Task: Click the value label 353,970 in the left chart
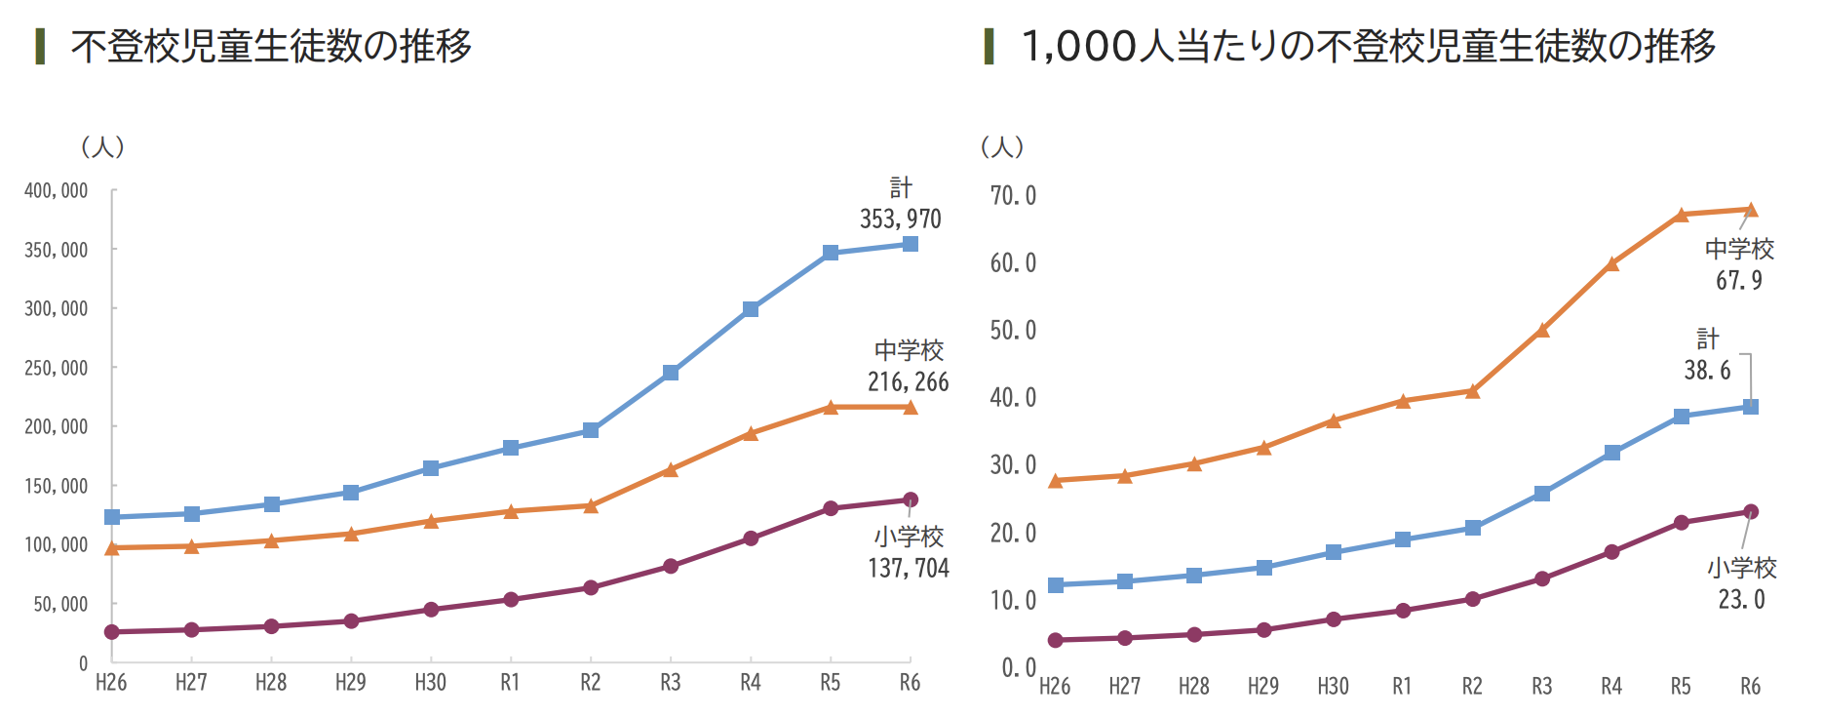coord(900,219)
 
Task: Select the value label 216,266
coord(908,382)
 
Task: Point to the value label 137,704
coord(908,569)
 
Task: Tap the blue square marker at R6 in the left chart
coord(911,244)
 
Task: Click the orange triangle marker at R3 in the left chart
coord(671,470)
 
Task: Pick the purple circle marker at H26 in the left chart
coord(112,632)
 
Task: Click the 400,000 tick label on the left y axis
coord(57,191)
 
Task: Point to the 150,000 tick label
coord(57,486)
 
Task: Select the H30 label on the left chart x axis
coord(431,683)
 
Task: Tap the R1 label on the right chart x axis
coord(1402,687)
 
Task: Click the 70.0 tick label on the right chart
coord(1013,196)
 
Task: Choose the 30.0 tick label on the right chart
coord(1013,465)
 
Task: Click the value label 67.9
coord(1739,281)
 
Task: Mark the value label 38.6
coord(1707,371)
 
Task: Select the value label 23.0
coord(1741,600)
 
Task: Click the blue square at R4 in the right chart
coord(1612,453)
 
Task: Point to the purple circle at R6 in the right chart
coord(1751,512)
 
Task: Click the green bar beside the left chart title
coord(40,46)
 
